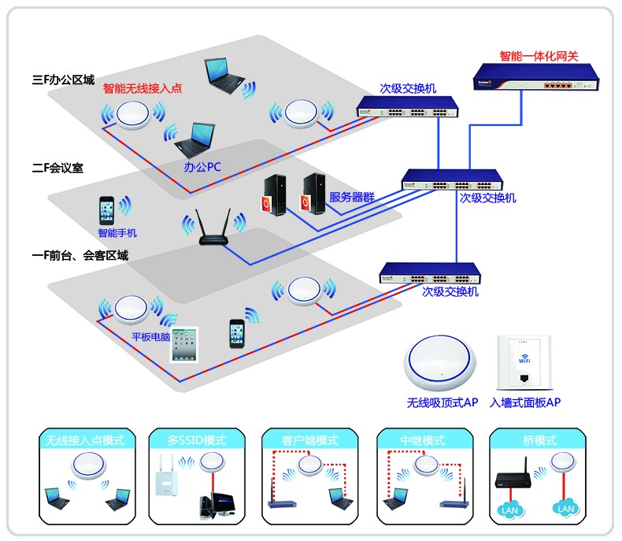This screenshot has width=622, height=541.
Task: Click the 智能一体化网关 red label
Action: click(539, 57)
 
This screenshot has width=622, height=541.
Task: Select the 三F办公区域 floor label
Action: click(63, 80)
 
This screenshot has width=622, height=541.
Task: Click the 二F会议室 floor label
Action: click(57, 168)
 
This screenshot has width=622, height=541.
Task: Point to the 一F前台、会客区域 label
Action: click(80, 255)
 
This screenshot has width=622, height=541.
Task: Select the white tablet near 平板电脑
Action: click(187, 345)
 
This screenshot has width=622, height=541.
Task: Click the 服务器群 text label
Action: click(352, 197)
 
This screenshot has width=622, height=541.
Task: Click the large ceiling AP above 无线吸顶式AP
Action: click(443, 365)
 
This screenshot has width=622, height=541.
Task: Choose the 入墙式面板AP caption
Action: click(524, 402)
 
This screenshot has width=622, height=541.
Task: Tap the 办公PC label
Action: click(202, 168)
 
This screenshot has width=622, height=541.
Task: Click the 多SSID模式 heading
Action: click(196, 440)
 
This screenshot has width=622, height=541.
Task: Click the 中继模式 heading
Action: click(424, 440)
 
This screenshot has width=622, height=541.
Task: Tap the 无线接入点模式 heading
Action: click(85, 440)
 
